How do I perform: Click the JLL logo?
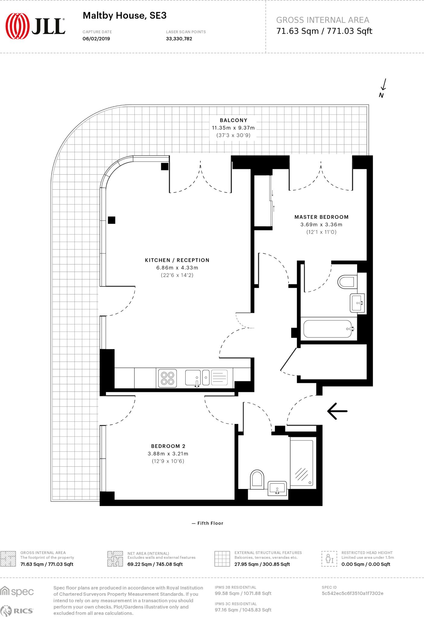pos(35,26)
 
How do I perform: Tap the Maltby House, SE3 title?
pos(124,15)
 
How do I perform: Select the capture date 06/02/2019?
pos(96,39)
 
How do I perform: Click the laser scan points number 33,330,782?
pos(179,39)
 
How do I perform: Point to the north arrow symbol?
pos(383,87)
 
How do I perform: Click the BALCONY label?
pos(233,120)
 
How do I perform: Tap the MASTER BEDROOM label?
pos(321,217)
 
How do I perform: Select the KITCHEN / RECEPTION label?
pos(177,260)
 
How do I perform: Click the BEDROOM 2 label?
pos(168,446)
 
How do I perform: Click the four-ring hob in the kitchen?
pos(168,378)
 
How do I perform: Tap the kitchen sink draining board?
pos(219,377)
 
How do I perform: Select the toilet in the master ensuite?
pos(346,282)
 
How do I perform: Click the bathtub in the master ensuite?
pos(328,329)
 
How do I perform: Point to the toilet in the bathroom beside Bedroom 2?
pos(257,479)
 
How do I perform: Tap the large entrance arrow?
pos(337,411)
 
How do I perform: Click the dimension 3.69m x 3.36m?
pos(321,224)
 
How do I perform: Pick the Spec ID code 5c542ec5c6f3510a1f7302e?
pos(352,593)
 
